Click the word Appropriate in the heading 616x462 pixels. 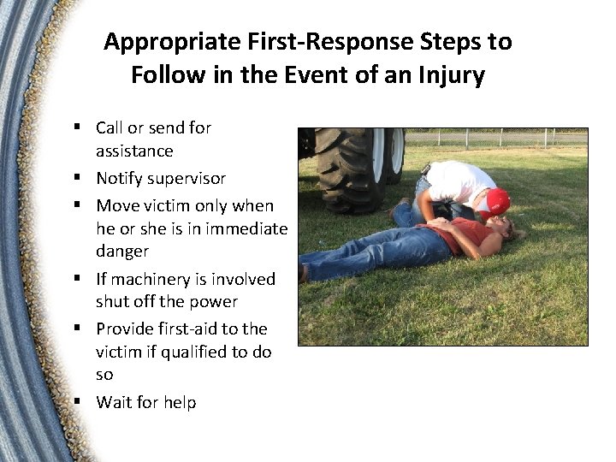click(x=171, y=41)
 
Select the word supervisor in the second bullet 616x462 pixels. click(x=185, y=179)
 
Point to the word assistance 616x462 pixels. click(x=134, y=151)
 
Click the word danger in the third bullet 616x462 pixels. click(x=122, y=252)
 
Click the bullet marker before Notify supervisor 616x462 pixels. click(x=77, y=178)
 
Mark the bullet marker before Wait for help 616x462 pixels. click(x=77, y=401)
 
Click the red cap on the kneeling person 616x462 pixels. click(x=495, y=202)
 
